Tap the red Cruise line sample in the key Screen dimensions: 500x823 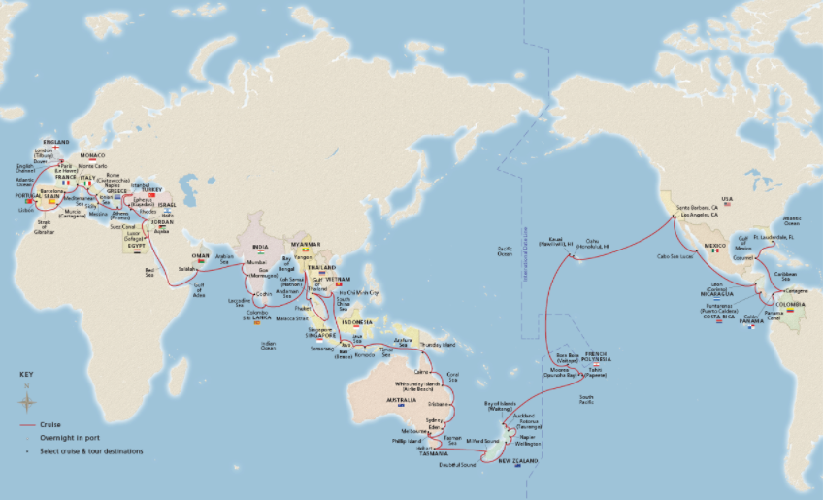coord(27,424)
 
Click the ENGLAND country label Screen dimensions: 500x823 coord(56,142)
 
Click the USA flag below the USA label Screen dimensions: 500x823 coord(727,208)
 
